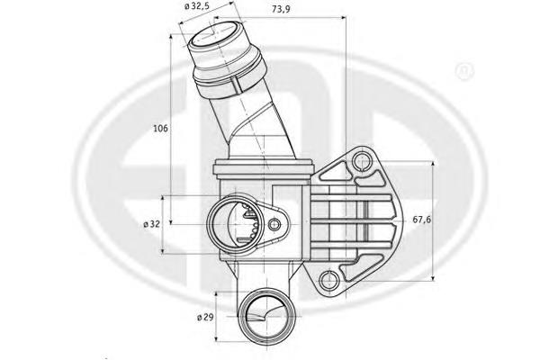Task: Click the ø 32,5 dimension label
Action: click(x=197, y=6)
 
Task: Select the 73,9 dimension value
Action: click(x=281, y=9)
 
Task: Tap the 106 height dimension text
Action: click(x=160, y=129)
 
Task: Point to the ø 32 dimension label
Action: click(x=152, y=224)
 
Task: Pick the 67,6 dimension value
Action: click(x=421, y=220)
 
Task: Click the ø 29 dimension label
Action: click(x=205, y=318)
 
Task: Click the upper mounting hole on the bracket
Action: click(x=362, y=162)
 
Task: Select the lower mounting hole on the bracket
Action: click(x=328, y=279)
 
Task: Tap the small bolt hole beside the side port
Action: click(x=274, y=225)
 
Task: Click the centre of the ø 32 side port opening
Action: click(x=236, y=224)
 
